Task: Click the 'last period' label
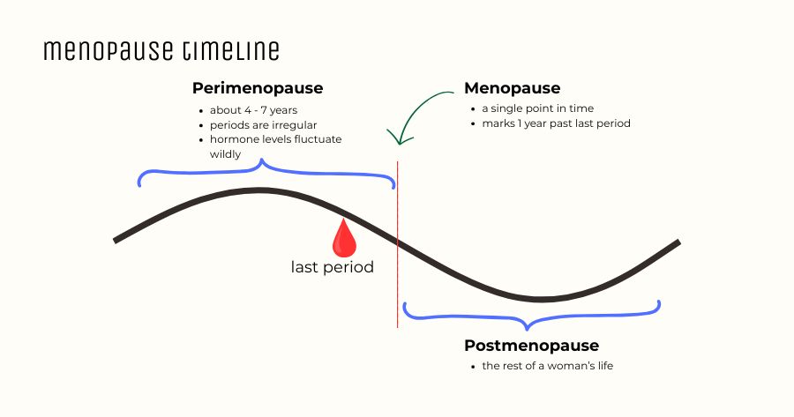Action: coord(332,267)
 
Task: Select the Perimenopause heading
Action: coord(258,89)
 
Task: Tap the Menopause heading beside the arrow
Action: coord(513,88)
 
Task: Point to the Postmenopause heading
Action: coord(531,346)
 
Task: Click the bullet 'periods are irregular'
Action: coord(261,124)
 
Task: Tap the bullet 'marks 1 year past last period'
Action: coord(556,123)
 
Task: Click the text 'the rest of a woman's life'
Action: coord(547,365)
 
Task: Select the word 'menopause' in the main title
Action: coord(109,51)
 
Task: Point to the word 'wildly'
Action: coord(227,153)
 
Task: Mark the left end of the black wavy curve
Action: coord(116,240)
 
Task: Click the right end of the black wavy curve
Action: coord(678,242)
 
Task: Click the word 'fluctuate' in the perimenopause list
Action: coord(318,139)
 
